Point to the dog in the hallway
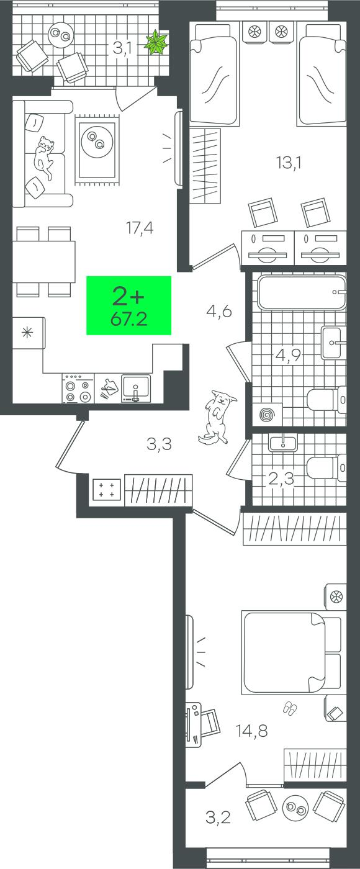(x=218, y=417)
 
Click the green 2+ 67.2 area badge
(x=128, y=305)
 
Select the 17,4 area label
(x=140, y=227)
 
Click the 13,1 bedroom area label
(x=289, y=162)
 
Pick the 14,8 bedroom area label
(x=252, y=731)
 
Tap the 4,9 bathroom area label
(x=288, y=354)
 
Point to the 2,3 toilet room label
(x=281, y=479)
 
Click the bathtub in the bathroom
(x=302, y=292)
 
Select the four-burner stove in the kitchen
(x=78, y=388)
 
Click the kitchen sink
(x=135, y=388)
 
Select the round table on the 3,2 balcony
(x=295, y=808)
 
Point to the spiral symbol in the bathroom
(x=266, y=415)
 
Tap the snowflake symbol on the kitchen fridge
(x=27, y=333)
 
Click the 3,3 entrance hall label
(x=159, y=444)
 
